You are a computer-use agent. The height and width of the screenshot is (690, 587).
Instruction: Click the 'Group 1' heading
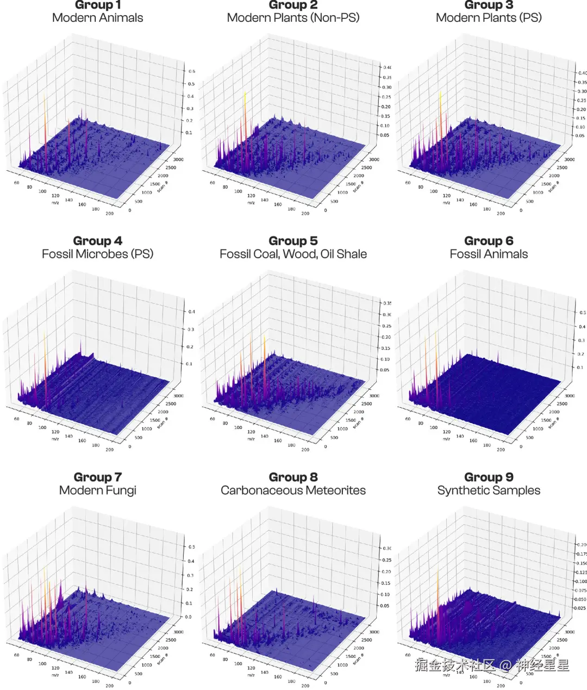click(x=98, y=5)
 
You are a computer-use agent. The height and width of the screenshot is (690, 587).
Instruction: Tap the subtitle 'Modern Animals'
click(x=98, y=18)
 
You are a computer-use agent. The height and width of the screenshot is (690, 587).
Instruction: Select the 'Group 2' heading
click(x=293, y=5)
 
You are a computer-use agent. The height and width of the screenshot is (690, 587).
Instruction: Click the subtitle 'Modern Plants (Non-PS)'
click(x=293, y=18)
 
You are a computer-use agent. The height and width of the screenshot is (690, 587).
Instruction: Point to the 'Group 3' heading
click(x=489, y=5)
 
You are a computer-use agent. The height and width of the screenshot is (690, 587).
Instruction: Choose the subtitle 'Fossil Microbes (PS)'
click(x=98, y=254)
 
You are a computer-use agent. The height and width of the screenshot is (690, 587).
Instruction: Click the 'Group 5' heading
click(x=293, y=241)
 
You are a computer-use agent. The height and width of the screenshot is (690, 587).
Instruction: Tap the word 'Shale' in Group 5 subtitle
click(x=351, y=254)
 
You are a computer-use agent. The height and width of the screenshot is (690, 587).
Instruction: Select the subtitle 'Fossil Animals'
click(x=489, y=254)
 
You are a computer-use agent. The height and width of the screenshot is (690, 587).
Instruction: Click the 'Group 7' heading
click(x=98, y=477)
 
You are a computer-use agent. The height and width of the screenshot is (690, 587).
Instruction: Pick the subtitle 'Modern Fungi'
click(x=98, y=490)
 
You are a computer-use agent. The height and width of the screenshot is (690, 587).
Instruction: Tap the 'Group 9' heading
click(x=489, y=477)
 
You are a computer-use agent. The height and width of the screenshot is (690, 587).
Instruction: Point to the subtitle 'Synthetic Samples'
click(x=489, y=490)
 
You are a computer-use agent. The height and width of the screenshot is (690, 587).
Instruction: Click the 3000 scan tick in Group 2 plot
click(x=374, y=159)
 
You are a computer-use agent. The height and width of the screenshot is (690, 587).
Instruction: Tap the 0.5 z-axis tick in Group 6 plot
click(x=583, y=313)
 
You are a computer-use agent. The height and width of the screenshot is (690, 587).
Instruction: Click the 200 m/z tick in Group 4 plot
click(x=110, y=450)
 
